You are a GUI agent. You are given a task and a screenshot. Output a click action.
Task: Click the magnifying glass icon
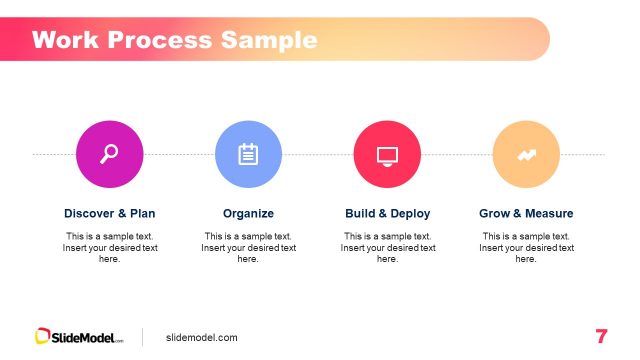tap(109, 154)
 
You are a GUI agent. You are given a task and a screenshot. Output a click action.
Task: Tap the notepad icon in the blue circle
tap(248, 154)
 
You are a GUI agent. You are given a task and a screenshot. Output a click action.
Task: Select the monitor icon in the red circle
tap(387, 154)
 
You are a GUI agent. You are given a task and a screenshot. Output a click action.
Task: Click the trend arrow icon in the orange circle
tap(526, 154)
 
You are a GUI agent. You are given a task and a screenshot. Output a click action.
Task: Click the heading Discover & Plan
tap(110, 213)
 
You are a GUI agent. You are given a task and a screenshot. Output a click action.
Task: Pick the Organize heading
tap(248, 213)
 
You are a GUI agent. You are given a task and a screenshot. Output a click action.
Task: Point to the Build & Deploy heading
tap(388, 213)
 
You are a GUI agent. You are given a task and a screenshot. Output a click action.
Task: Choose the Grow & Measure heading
tap(527, 213)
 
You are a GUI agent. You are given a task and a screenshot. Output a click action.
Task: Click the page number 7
tap(601, 337)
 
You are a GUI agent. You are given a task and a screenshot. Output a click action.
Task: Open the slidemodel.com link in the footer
tap(202, 338)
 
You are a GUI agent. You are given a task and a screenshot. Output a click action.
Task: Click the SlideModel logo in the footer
tap(80, 337)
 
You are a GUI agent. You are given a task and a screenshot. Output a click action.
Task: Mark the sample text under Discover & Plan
tap(110, 247)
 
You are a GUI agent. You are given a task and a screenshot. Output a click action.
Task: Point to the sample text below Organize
tap(248, 247)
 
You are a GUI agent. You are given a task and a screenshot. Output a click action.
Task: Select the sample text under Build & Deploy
tap(388, 247)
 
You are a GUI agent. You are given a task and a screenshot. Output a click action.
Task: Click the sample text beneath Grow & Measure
tap(527, 247)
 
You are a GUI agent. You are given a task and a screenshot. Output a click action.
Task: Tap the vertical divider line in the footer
tap(142, 337)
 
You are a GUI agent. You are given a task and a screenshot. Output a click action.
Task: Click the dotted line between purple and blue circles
tap(178, 155)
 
